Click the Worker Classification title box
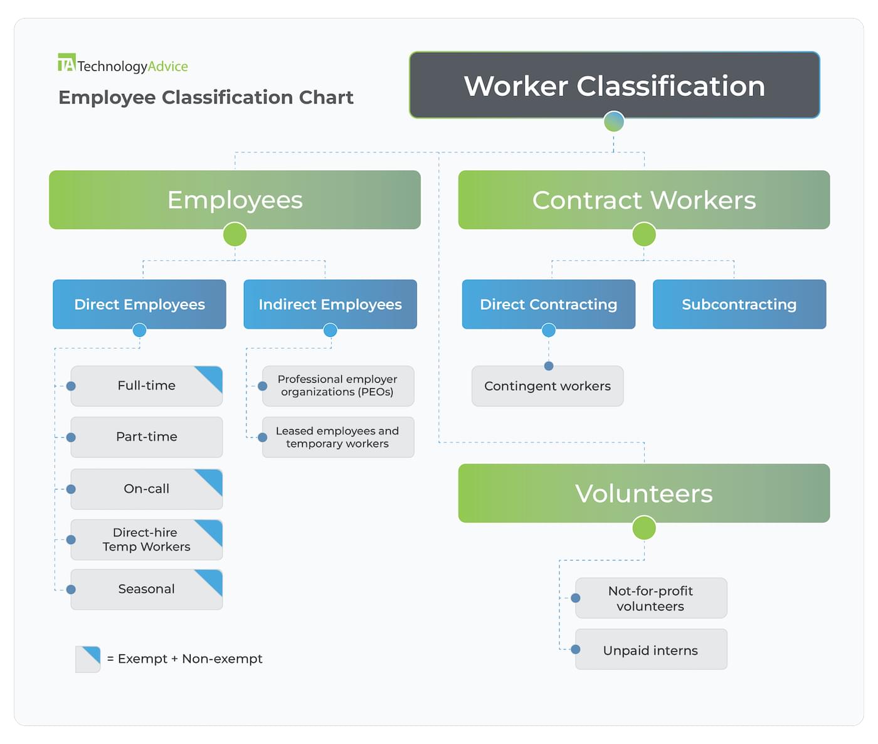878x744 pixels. tap(614, 85)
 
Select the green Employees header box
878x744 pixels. tap(235, 199)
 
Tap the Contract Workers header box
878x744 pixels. tap(643, 199)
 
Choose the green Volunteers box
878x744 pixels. tap(643, 493)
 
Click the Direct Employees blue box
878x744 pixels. tap(139, 304)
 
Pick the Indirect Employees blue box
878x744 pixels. tap(330, 304)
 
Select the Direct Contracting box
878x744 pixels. tap(548, 304)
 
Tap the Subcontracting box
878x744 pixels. tap(739, 304)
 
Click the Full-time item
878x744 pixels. tap(146, 386)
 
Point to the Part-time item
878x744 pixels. tap(146, 437)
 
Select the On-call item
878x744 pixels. tap(146, 489)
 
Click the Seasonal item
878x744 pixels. tap(146, 589)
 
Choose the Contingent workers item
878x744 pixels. tap(547, 386)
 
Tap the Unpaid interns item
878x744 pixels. tap(650, 650)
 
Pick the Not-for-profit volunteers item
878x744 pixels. tap(650, 598)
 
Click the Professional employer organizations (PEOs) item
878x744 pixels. tap(337, 386)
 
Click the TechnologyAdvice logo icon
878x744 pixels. tap(66, 63)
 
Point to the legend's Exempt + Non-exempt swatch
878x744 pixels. tap(88, 659)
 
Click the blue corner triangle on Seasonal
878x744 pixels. tap(212, 580)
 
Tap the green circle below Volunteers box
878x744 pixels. tap(643, 528)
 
